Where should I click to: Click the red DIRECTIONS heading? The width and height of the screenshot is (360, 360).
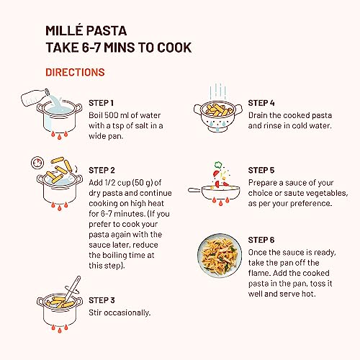pos(75,72)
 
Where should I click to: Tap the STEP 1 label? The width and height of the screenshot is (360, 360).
pos(101,103)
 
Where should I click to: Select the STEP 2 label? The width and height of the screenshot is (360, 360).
pos(102,171)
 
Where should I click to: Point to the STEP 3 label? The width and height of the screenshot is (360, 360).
pos(102,300)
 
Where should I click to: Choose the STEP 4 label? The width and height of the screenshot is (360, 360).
pos(261,103)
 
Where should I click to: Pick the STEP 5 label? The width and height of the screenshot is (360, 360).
pos(261,171)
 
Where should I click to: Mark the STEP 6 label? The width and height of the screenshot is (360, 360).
pos(261,240)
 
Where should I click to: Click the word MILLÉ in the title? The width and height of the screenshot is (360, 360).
pos(64,30)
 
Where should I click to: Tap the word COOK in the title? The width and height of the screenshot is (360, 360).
pos(174,48)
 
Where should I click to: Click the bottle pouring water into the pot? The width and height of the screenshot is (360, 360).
pos(35,97)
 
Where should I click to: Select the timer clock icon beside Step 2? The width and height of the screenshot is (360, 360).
pos(37,163)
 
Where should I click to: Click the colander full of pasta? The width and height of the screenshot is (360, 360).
pos(218,115)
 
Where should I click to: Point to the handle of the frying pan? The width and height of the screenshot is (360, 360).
pos(194,190)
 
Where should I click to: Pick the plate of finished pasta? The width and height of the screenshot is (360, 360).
pos(220,256)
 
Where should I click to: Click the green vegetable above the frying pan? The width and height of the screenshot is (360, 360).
pos(218,165)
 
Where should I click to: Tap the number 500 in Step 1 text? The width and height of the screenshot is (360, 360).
pos(111,115)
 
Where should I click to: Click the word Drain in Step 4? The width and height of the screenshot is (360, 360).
pos(258,115)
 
